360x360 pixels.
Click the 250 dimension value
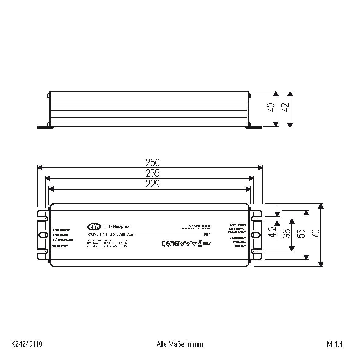coord(152,162)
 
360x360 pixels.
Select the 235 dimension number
coord(152,173)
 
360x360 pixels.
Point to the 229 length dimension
coord(152,184)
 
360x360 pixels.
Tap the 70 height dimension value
coord(315,234)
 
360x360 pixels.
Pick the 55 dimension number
coord(301,234)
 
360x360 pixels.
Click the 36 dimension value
coord(286,234)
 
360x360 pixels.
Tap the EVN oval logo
coord(94,226)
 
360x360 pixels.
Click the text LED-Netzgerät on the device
coord(117,226)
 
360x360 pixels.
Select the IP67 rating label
coord(206,235)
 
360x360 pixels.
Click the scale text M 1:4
coord(335,344)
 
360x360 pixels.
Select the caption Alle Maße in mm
coord(180,344)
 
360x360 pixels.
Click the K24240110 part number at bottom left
coord(27,344)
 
